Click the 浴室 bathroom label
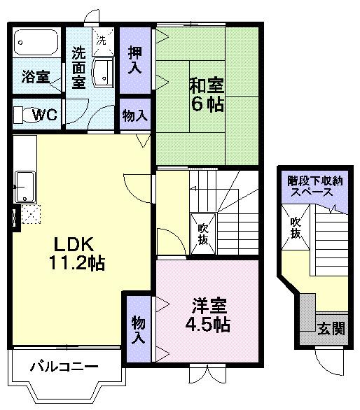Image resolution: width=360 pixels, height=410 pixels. pyautogui.click(x=34, y=77)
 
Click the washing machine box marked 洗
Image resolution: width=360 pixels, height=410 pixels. pyautogui.click(x=102, y=41)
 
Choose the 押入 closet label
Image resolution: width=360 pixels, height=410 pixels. pyautogui.click(x=135, y=59)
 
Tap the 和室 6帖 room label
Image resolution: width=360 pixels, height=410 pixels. pyautogui.click(x=206, y=94)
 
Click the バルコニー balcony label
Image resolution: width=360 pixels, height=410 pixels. pyautogui.click(x=64, y=366)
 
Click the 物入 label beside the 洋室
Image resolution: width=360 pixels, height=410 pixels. pyautogui.click(x=139, y=330)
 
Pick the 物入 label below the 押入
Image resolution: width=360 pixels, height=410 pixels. pyautogui.click(x=134, y=115)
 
